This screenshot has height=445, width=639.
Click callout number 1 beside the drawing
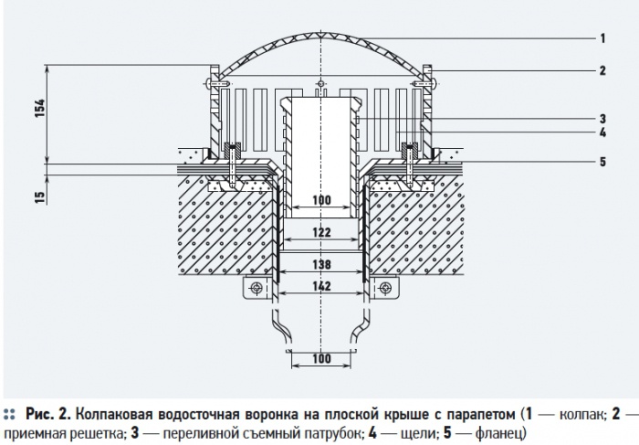(603, 38)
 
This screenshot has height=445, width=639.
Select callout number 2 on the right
(603, 69)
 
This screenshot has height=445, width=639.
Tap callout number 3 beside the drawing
(603, 119)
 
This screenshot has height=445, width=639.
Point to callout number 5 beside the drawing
(603, 162)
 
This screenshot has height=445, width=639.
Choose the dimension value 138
(320, 264)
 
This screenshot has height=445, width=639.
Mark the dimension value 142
(320, 286)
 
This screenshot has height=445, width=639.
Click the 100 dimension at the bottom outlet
(320, 359)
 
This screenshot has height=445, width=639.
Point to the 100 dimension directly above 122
(320, 200)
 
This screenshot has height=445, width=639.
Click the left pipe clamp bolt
(257, 289)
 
